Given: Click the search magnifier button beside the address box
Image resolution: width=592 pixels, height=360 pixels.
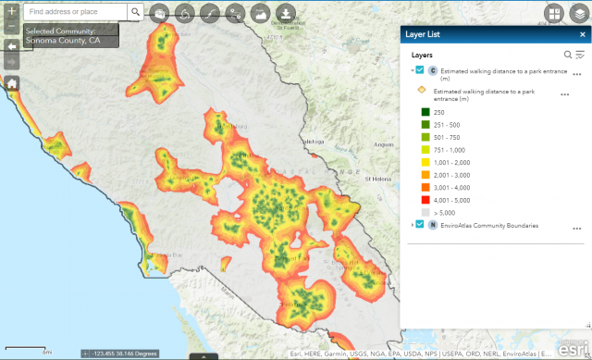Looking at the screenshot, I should click(135, 12).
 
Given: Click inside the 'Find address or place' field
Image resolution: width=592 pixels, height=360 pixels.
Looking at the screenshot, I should click(74, 12).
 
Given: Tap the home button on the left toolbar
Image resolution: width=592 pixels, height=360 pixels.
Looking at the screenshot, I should click(12, 83).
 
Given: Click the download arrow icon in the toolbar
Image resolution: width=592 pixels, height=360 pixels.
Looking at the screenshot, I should click(286, 14).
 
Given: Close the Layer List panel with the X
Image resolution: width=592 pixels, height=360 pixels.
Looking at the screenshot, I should click(579, 34).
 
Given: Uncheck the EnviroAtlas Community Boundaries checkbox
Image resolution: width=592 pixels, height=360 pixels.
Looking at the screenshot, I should click(421, 225).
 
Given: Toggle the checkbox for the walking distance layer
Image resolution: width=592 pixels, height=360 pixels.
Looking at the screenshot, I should click(421, 70).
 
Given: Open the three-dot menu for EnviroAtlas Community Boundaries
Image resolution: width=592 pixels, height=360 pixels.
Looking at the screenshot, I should click(576, 227).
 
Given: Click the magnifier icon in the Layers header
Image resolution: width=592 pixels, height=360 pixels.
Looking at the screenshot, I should click(568, 55).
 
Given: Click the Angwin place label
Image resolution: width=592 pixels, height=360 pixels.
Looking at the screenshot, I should click(381, 144).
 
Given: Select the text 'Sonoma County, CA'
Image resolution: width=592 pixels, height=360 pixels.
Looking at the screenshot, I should click(63, 41).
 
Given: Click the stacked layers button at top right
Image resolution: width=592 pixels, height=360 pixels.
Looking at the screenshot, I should click(577, 13).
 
